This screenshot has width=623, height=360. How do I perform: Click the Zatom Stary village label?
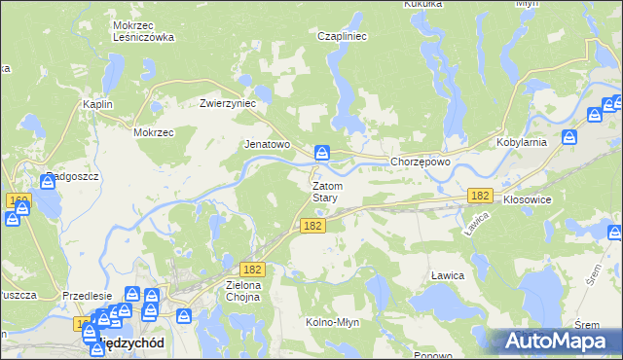click(325, 191)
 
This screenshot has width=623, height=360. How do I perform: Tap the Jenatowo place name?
click(267, 144)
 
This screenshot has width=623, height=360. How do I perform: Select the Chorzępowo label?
click(420, 162)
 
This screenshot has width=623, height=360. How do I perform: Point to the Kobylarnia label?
click(548, 141)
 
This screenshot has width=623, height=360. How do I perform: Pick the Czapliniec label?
click(341, 36)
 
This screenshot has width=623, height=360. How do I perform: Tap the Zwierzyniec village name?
click(227, 102)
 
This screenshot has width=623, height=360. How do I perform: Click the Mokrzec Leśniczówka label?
click(143, 31)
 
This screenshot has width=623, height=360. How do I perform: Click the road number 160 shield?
click(18, 199)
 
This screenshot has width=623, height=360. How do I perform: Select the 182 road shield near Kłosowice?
click(479, 196)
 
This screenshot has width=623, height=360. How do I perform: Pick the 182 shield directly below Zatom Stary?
click(311, 225)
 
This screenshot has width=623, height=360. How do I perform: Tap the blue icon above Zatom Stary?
click(322, 153)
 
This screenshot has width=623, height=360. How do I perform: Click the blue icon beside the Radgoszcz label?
click(48, 179)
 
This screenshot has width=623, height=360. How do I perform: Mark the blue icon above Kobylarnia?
click(596, 117)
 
